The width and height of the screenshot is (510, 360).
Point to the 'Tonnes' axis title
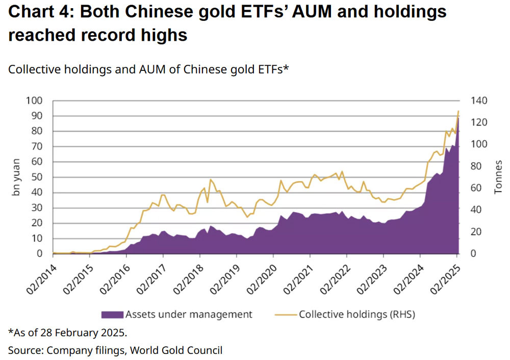click(x=498, y=176)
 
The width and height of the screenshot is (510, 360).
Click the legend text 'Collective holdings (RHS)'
click(x=357, y=314)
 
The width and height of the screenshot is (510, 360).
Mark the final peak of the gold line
click(x=458, y=111)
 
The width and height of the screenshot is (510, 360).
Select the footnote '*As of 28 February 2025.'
click(x=67, y=333)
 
